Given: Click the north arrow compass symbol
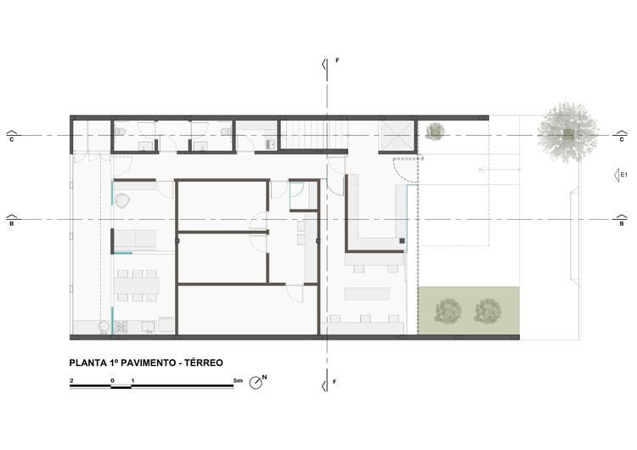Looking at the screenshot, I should [256, 384].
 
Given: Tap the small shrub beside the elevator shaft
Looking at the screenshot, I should [436, 130].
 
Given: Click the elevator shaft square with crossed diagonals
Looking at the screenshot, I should [396, 133].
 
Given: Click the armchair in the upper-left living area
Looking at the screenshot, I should [124, 200].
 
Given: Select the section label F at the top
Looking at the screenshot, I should [337, 61].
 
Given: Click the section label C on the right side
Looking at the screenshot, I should [622, 141].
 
